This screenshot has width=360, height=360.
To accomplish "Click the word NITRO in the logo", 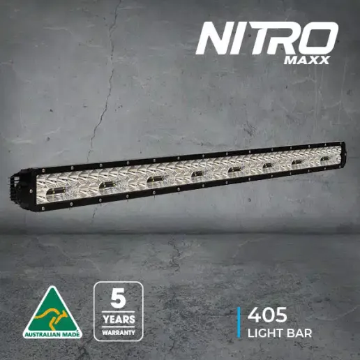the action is point(267,38).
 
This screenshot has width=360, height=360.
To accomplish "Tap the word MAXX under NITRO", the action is point(306,60).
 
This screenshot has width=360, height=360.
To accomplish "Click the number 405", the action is point(267,315).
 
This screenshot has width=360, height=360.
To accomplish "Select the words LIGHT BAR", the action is point(280,333).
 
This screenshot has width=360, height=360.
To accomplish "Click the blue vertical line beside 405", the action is point(239,322).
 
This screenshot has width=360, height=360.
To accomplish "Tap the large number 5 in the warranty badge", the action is point(119,299).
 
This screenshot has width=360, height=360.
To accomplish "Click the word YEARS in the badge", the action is point(119,320).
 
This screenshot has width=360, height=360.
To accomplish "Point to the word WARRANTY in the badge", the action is point(119,333).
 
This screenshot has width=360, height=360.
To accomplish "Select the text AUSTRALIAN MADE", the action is point(52,335).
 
